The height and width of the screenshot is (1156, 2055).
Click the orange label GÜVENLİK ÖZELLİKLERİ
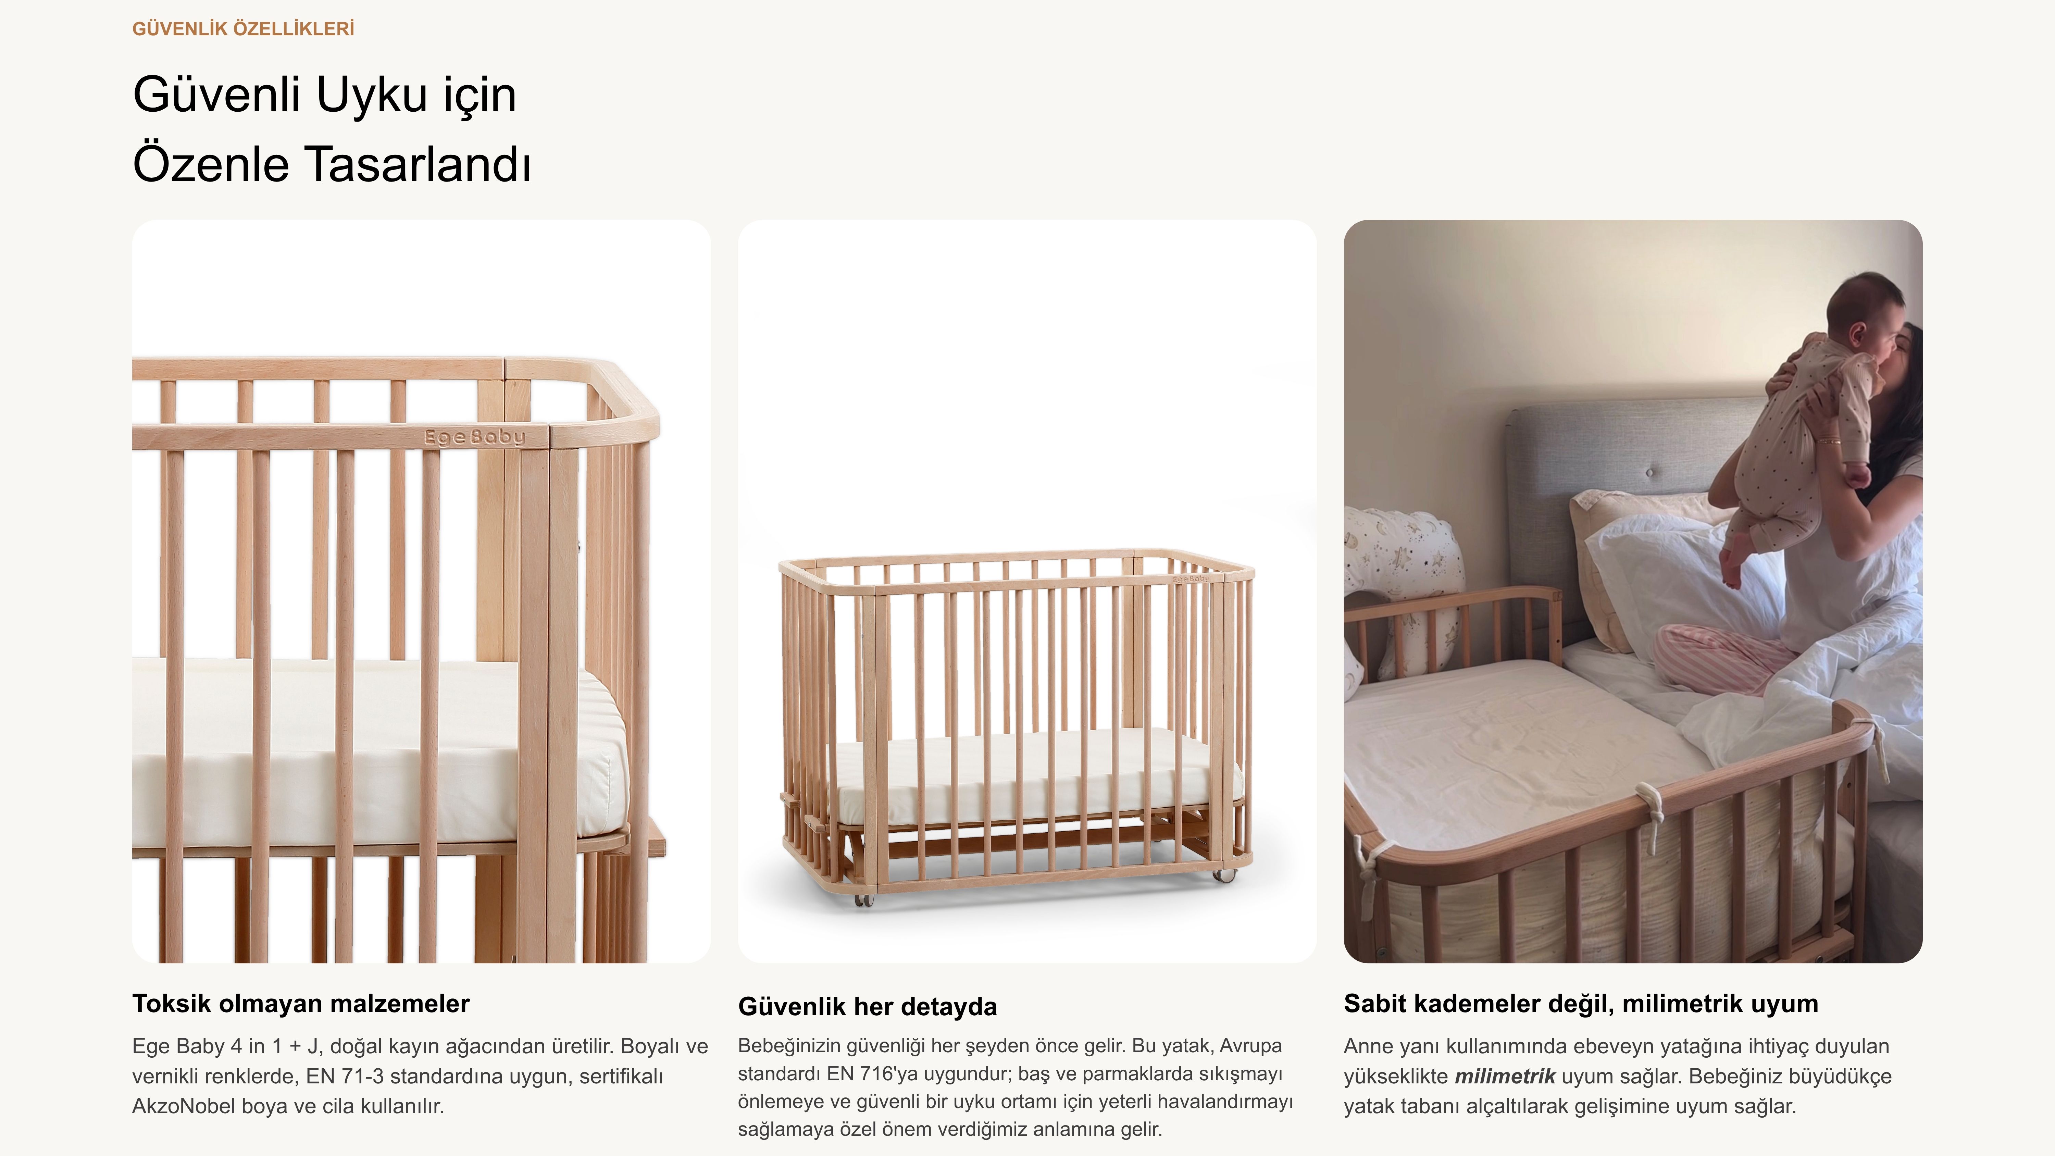coord(243,29)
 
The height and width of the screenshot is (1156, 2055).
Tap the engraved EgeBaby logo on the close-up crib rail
coord(475,436)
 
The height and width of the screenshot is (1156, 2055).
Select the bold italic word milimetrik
coord(1505,1076)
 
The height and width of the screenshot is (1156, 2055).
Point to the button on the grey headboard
coord(1650,473)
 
